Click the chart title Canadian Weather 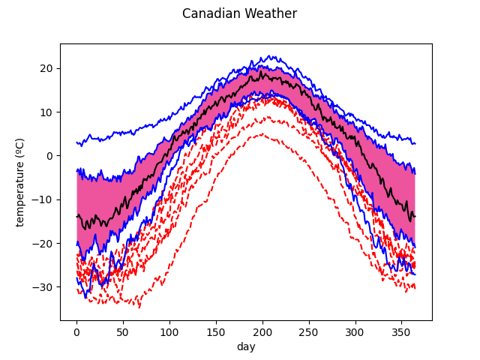pyautogui.click(x=239, y=13)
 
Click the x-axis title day pyautogui.click(x=246, y=346)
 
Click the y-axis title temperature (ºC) pyautogui.click(x=20, y=181)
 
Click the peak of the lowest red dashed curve pyautogui.click(x=261, y=134)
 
